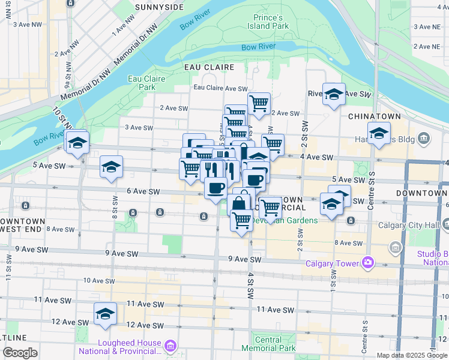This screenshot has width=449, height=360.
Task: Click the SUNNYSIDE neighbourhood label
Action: pos(159,7)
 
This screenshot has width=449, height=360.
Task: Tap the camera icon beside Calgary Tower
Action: pos(367,263)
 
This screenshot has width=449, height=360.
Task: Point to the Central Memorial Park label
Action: pos(269,344)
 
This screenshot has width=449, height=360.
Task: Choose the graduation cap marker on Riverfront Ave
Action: pos(334,94)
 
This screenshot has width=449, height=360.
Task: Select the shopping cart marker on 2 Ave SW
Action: pos(259,103)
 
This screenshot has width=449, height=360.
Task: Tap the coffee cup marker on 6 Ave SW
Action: pos(215,188)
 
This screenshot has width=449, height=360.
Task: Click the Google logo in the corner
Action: pos(20,353)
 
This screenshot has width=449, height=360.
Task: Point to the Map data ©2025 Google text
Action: pos(412,355)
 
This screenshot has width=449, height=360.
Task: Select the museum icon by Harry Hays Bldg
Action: pos(424,139)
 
